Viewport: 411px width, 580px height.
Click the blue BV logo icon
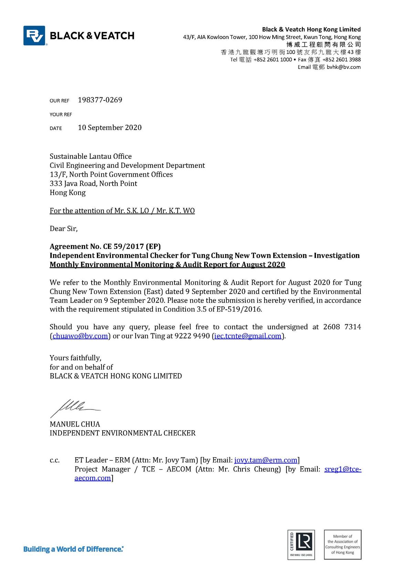click(x=34, y=35)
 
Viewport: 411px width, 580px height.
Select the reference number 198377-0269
click(x=100, y=100)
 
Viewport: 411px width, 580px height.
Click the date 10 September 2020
click(x=109, y=128)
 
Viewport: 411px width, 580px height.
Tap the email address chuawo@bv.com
click(x=80, y=336)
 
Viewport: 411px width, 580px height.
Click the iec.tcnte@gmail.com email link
click(x=247, y=336)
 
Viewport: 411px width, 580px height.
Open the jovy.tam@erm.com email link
click(x=266, y=460)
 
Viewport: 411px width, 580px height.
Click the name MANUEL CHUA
click(x=75, y=424)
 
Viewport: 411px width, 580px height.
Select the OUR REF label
click(x=59, y=101)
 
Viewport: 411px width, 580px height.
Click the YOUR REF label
click(x=61, y=114)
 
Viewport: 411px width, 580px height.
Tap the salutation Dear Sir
click(x=64, y=229)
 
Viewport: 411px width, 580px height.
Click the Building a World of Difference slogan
click(x=73, y=549)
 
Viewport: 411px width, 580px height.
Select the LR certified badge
click(x=301, y=545)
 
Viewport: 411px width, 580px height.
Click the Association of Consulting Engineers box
click(x=342, y=545)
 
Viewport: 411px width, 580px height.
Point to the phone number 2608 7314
click(x=342, y=327)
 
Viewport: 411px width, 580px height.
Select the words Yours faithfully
click(x=75, y=358)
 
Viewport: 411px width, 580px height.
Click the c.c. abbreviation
click(x=54, y=460)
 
